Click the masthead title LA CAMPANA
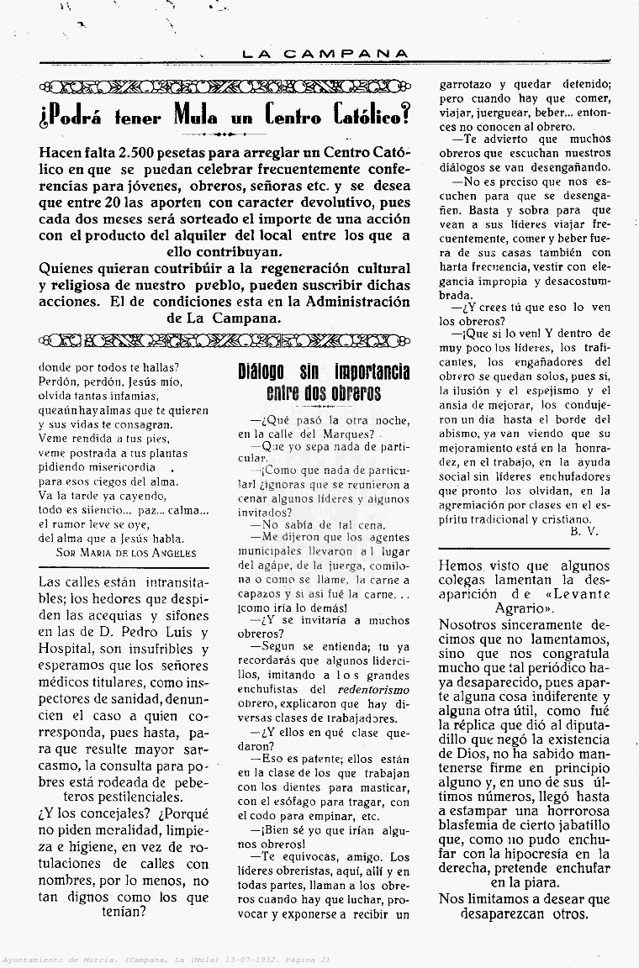325,53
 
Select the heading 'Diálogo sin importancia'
323,372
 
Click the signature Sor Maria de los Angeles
126,552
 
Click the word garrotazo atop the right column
471,84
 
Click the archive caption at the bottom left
165,959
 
